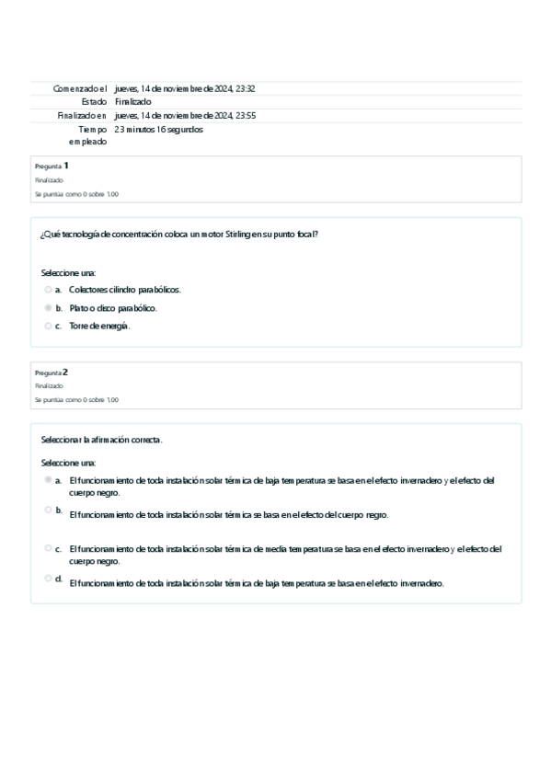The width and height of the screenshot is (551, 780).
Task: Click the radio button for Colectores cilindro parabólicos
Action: click(48, 290)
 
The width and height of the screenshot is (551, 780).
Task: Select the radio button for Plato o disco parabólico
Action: click(48, 308)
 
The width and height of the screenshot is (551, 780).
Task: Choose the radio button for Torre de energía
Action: click(48, 326)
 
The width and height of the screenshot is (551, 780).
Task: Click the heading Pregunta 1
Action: click(52, 166)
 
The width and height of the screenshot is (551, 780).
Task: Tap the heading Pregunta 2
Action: click(52, 373)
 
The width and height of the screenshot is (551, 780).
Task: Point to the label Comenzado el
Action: click(80, 88)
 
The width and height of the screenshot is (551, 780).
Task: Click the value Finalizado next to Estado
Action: click(133, 101)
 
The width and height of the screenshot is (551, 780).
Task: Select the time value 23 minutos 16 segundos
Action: click(159, 130)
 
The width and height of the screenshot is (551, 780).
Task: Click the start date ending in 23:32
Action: click(185, 88)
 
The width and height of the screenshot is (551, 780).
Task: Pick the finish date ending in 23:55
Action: click(185, 116)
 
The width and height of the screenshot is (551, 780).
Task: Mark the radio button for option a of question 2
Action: click(48, 480)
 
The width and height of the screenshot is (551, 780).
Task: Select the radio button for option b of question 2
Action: click(48, 510)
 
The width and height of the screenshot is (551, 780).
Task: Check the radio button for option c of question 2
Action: click(48, 548)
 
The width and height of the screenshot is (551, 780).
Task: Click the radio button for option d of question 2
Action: click(48, 579)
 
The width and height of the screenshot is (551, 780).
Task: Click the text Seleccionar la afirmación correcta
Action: click(101, 440)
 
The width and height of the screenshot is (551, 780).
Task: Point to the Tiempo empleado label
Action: click(87, 135)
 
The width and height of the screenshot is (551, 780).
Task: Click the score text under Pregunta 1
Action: click(76, 194)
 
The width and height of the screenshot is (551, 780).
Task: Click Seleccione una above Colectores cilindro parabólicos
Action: click(68, 273)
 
